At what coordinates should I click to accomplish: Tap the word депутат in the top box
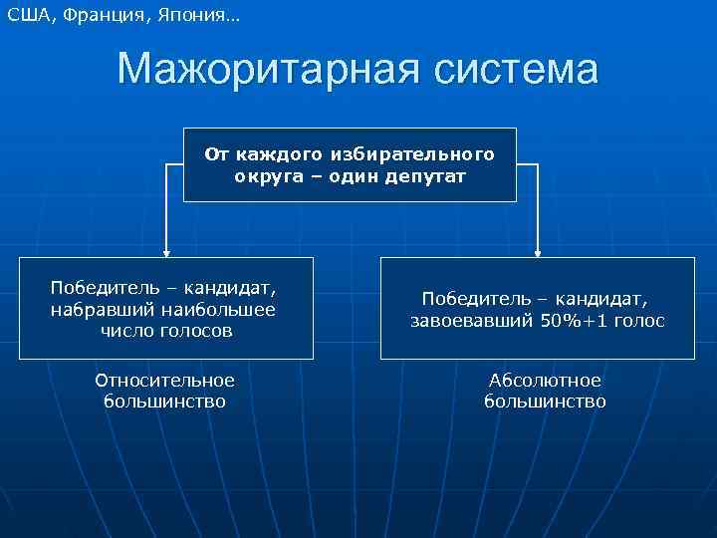[426, 175]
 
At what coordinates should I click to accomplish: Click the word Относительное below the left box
[164, 381]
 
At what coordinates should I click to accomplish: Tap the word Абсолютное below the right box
[545, 381]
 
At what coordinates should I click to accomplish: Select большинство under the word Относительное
[164, 402]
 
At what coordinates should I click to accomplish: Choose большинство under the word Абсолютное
[545, 402]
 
